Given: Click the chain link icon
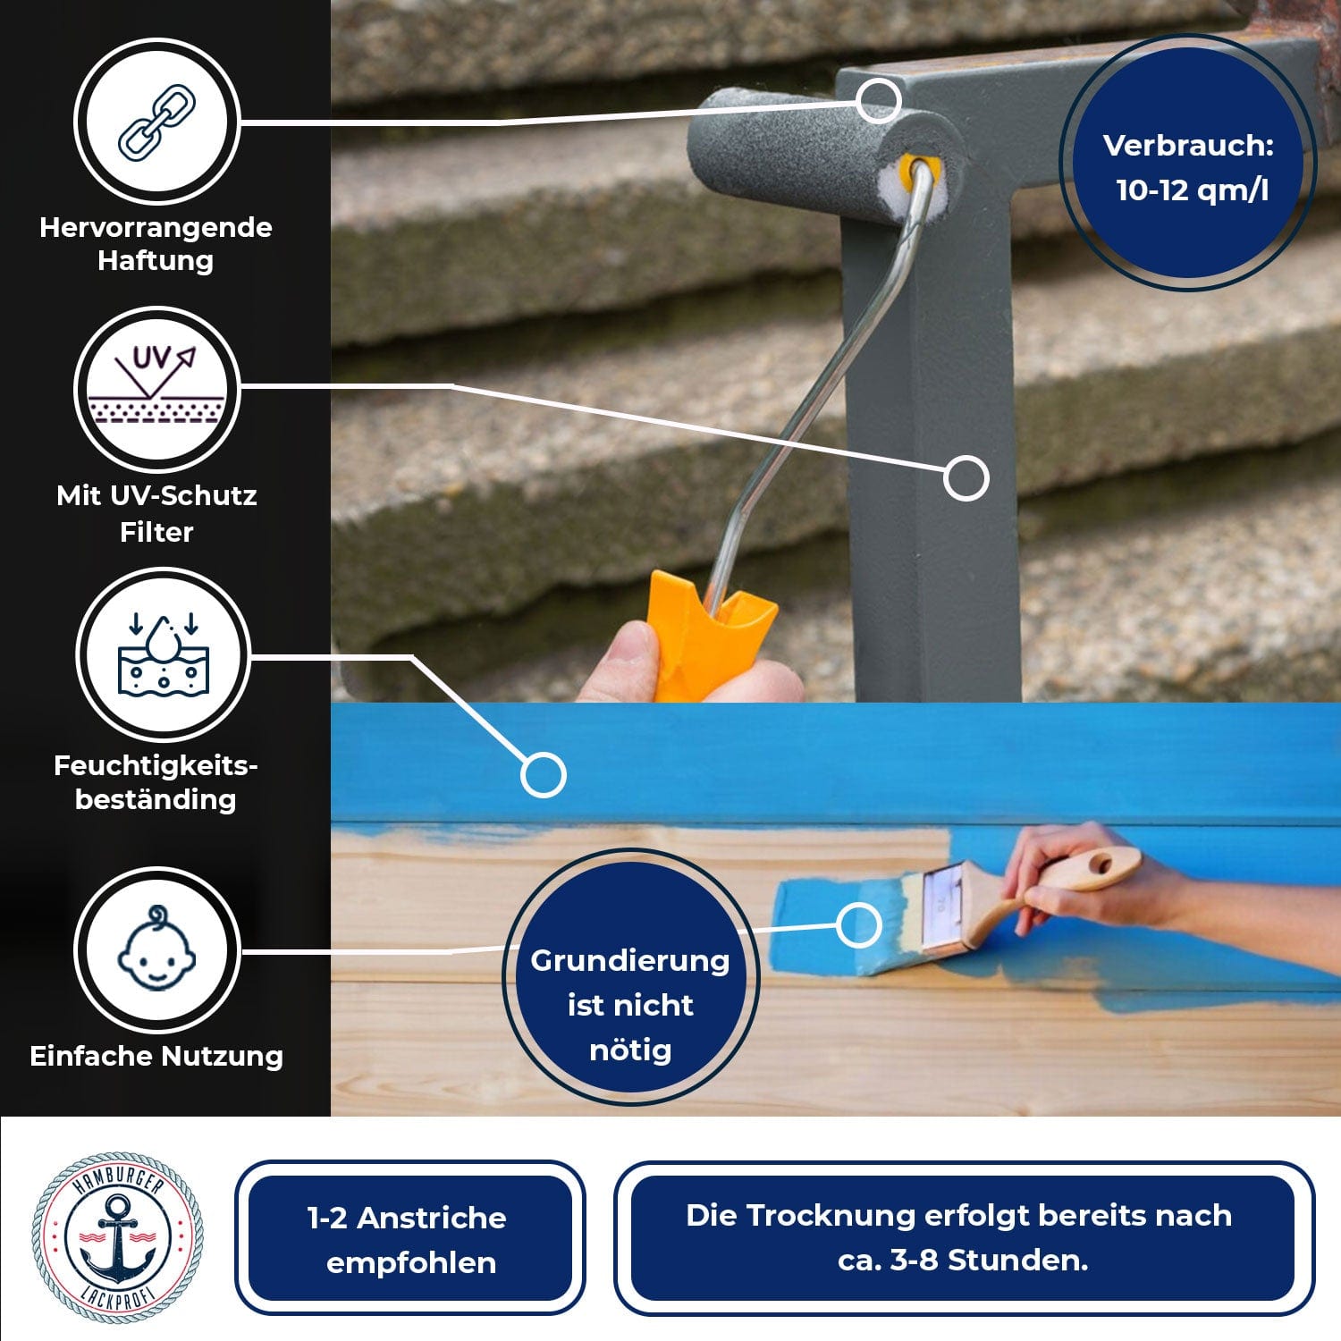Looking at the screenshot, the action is tap(157, 122).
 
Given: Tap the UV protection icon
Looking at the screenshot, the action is tap(156, 384).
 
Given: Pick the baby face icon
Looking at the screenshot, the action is tap(156, 949).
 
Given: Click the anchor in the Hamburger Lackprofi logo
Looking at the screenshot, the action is tap(117, 1238).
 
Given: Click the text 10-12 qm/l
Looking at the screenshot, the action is tap(1192, 190).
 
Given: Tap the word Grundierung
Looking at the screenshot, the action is tap(629, 961).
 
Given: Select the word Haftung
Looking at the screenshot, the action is tap(156, 261).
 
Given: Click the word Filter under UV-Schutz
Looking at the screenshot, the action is tap(156, 532).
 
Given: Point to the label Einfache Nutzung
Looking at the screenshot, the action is tap(156, 1056).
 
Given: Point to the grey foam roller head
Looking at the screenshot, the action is tap(822, 152).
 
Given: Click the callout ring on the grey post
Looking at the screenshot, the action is tap(966, 477).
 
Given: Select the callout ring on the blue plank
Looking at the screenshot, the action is tap(543, 774).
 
